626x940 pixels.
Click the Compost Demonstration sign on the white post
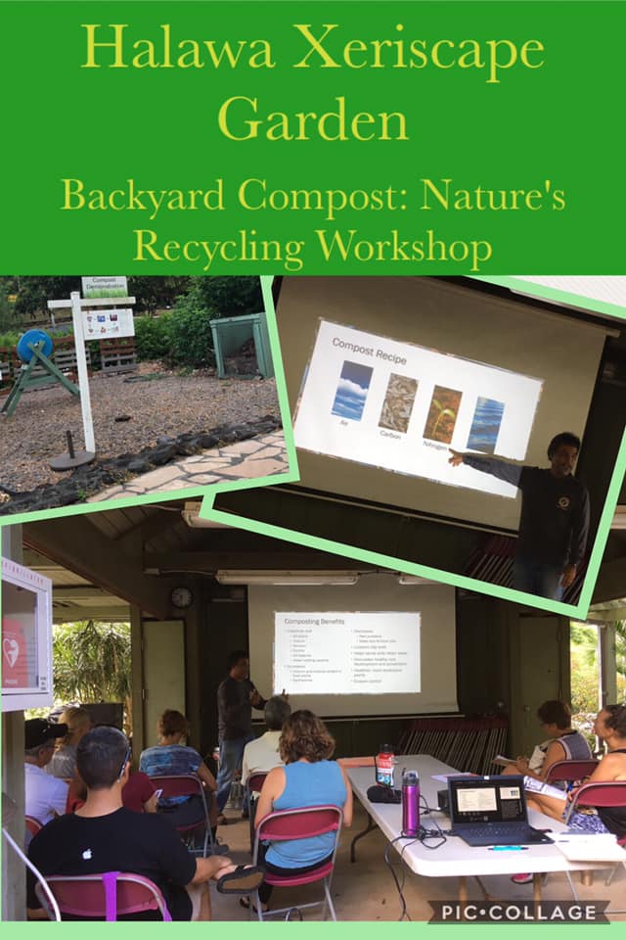pos(105,286)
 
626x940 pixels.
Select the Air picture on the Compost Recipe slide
pos(352,390)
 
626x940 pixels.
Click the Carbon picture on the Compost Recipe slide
pos(398,402)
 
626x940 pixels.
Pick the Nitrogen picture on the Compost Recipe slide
pos(442,412)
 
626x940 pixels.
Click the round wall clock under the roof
pos(182,596)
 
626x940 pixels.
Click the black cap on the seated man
pos(43,732)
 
